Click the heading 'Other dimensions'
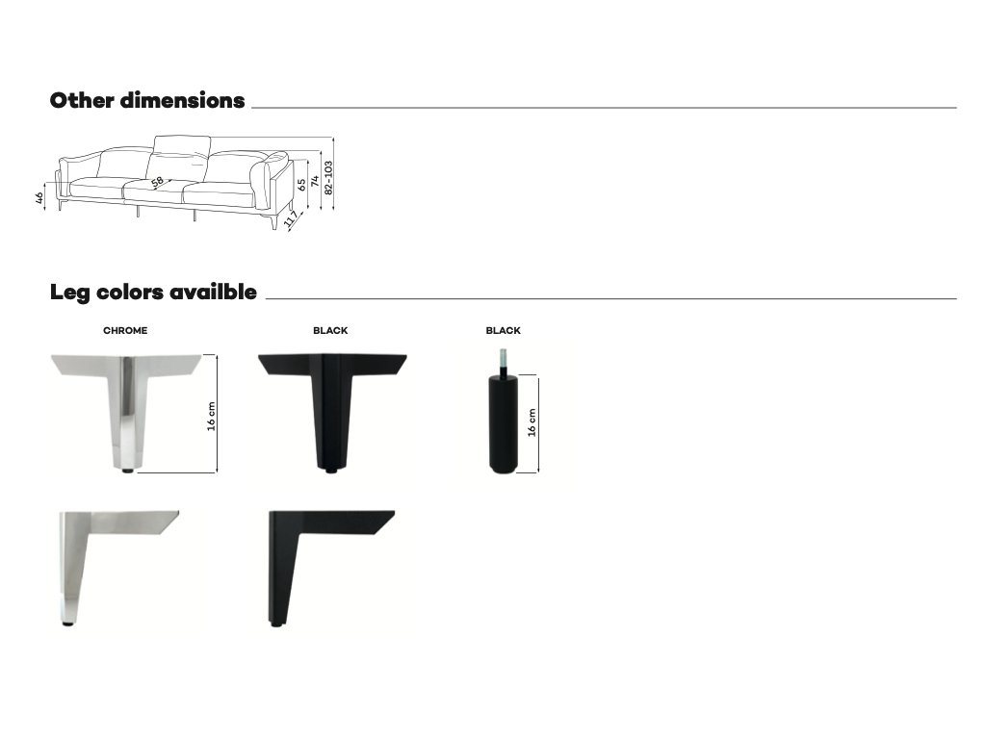pyautogui.click(x=147, y=100)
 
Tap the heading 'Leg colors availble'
pyautogui.click(x=153, y=293)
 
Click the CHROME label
pyautogui.click(x=125, y=331)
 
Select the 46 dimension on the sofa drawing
pyautogui.click(x=39, y=197)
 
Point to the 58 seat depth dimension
pyautogui.click(x=157, y=182)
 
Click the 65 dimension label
pyautogui.click(x=301, y=184)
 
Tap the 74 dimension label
pyautogui.click(x=315, y=181)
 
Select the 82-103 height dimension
pyautogui.click(x=327, y=177)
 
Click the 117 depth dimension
pyautogui.click(x=291, y=218)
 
